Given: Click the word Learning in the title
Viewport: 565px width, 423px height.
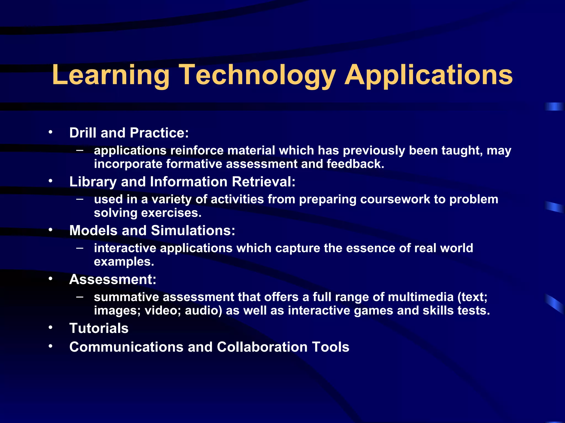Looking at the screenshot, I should tap(110, 75).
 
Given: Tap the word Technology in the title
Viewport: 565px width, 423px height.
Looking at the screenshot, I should tap(257, 75).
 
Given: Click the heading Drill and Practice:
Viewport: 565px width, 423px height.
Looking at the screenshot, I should tap(129, 133).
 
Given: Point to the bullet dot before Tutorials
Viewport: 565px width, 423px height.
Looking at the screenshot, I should tap(50, 328).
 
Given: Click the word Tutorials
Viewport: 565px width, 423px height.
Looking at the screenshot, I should tap(99, 328).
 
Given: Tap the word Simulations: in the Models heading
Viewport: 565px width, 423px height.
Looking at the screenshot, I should tap(193, 231).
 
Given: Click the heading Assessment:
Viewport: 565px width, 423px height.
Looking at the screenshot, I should tap(113, 280).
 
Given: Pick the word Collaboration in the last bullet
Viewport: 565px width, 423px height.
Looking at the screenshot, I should tap(262, 347).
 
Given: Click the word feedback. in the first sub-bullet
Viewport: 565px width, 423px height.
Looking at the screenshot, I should tap(355, 164).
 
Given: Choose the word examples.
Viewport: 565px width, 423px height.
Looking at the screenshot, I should tap(124, 262).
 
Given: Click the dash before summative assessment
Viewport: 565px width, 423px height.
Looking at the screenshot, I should tap(80, 297).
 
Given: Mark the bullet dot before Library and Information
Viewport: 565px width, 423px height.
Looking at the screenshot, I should tap(50, 181).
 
